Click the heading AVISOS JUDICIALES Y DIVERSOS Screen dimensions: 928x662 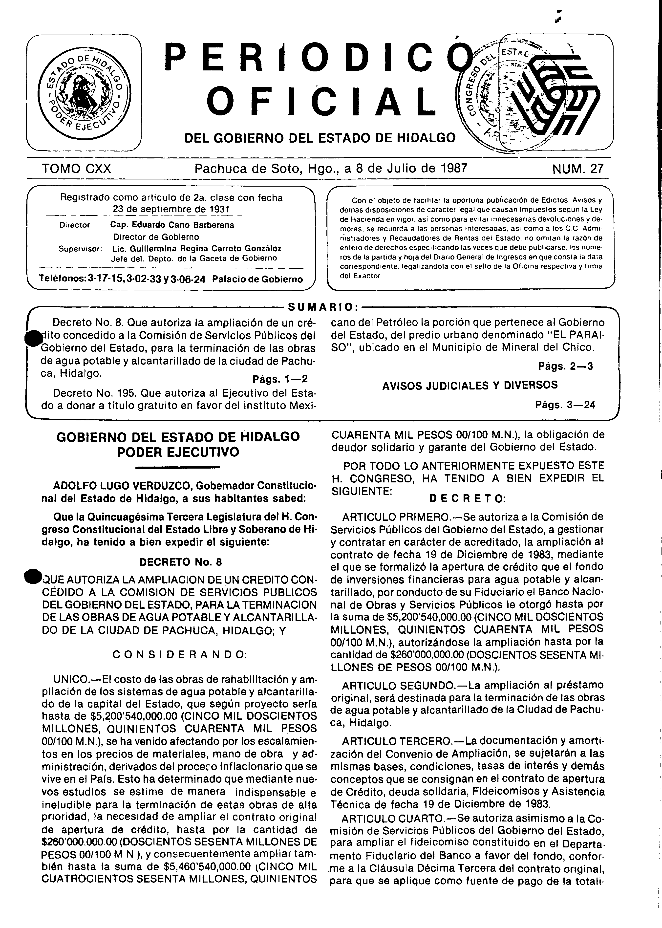470,385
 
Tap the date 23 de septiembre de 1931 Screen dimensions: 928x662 171,209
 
